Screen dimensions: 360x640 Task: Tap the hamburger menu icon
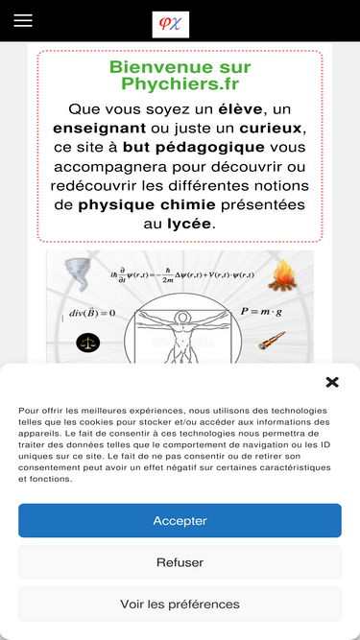23,20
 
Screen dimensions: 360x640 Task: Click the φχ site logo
171,25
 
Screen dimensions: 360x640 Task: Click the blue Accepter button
180,520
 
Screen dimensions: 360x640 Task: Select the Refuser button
180,562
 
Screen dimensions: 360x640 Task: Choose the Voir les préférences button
180,604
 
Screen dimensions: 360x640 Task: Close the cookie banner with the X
332,383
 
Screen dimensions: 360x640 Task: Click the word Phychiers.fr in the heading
180,84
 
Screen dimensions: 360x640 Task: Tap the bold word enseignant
99,129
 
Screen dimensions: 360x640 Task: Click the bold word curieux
271,129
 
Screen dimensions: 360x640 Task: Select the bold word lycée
189,225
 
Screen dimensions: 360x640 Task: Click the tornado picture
77,274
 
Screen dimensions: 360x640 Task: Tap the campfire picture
282,275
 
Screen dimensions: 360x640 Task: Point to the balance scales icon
87,343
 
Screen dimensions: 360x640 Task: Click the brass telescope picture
272,341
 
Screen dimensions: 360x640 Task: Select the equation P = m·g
261,312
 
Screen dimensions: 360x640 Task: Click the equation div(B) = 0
92,313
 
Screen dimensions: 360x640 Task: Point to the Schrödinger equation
182,275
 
